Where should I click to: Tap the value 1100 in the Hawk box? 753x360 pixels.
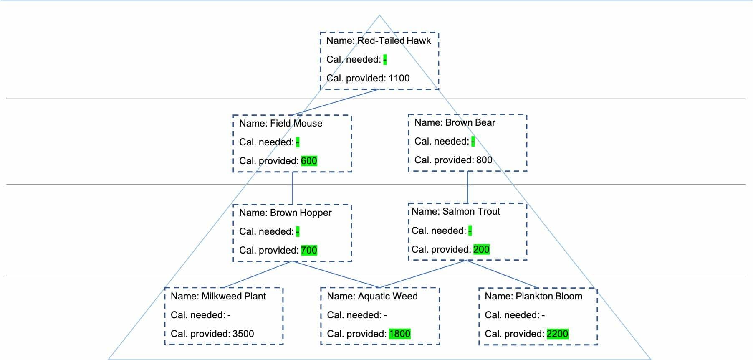(x=399, y=78)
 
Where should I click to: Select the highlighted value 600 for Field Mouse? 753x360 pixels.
(x=309, y=161)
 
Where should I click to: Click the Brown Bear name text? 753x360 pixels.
(x=470, y=122)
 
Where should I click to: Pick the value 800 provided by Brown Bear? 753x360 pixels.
(x=484, y=160)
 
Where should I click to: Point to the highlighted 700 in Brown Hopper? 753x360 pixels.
(x=309, y=250)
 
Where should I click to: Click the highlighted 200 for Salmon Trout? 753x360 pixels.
(x=481, y=249)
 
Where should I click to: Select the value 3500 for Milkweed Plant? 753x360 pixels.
(x=243, y=334)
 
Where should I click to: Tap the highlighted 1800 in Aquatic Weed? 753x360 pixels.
(x=399, y=334)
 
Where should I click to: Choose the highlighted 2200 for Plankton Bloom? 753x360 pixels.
(x=557, y=334)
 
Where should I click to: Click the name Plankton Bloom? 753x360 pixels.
(x=548, y=296)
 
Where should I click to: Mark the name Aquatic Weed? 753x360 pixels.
(x=387, y=296)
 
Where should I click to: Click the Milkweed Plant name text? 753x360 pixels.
(x=233, y=296)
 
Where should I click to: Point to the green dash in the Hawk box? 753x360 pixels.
(x=384, y=60)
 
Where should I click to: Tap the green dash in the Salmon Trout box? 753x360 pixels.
(x=470, y=231)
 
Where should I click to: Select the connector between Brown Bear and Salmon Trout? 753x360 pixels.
(x=467, y=187)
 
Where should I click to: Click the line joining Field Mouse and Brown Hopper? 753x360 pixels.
(x=292, y=188)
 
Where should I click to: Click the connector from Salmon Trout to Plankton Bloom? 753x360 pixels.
(x=501, y=274)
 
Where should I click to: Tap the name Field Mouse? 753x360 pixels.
(x=296, y=123)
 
